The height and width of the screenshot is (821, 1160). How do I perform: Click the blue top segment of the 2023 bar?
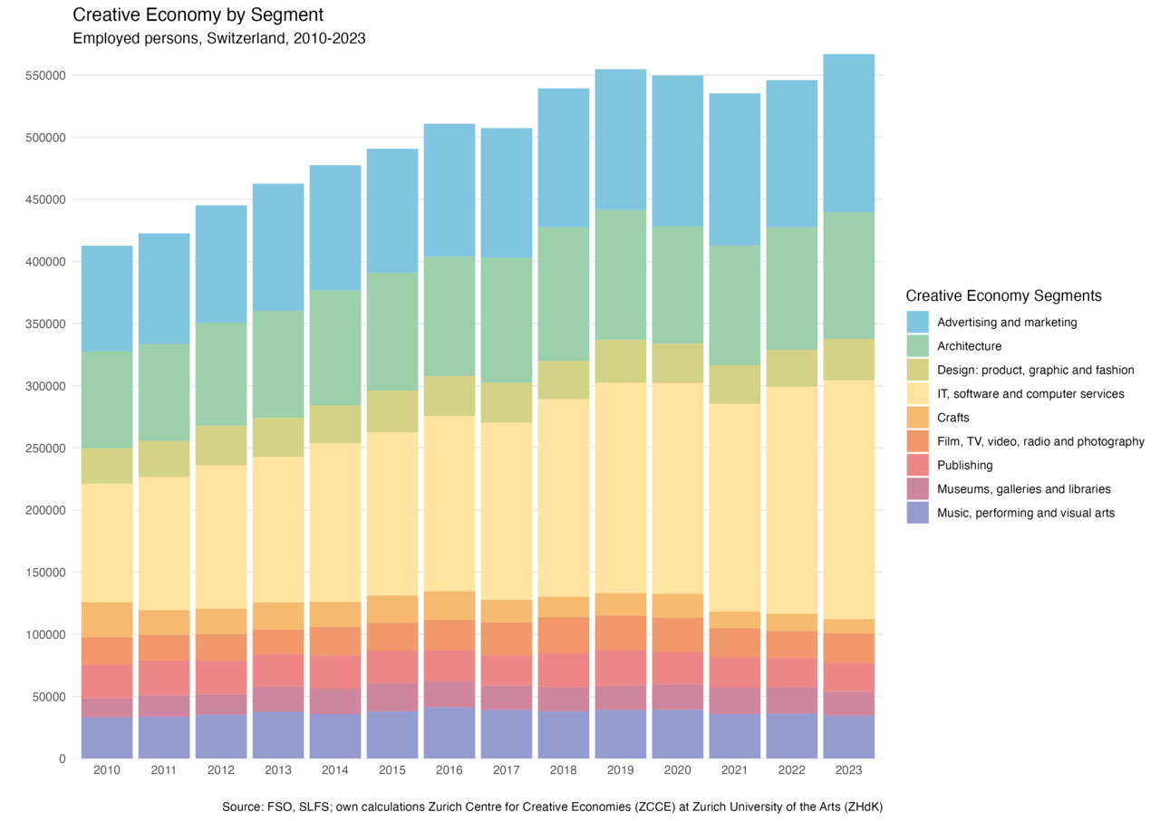coord(849,132)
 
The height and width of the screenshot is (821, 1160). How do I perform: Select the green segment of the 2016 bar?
coord(449,316)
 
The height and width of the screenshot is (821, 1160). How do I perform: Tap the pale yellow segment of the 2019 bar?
coord(621,488)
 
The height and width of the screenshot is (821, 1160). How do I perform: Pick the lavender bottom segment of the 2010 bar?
coord(108,738)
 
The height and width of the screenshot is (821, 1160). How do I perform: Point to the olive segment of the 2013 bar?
coord(278,437)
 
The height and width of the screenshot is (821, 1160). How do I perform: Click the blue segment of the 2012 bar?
coord(221,264)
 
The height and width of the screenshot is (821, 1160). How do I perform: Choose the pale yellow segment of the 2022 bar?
coord(792,500)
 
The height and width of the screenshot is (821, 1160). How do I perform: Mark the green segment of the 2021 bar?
coord(735,305)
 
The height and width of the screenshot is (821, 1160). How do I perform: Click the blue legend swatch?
coord(918,322)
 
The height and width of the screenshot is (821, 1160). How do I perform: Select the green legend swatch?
coord(918,345)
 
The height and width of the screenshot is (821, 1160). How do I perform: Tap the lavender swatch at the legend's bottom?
coord(918,513)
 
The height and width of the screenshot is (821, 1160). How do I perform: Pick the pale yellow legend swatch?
coord(918,393)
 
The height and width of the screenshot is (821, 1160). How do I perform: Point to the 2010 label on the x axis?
coord(108,770)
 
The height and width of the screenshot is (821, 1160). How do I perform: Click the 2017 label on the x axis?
coord(506,770)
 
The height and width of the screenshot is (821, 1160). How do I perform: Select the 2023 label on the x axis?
coord(849,770)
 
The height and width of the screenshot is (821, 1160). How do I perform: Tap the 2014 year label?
coord(335,770)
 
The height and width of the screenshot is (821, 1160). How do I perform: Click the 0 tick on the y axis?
coord(63,758)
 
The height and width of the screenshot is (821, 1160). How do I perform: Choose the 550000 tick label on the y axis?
coord(46,75)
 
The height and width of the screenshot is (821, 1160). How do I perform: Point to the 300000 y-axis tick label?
coord(46,386)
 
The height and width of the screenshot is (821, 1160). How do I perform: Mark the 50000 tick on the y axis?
coord(49,697)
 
